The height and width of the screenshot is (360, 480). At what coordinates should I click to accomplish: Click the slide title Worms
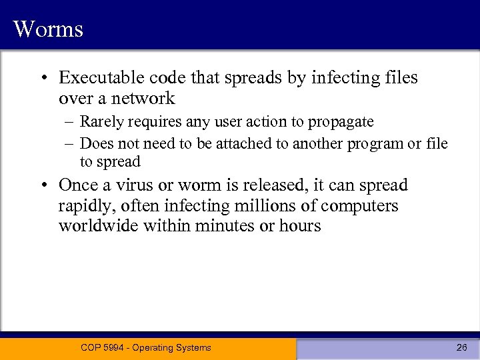tap(48, 29)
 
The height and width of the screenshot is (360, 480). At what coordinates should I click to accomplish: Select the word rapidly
tap(85, 206)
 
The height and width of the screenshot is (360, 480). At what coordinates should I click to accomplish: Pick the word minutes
tap(224, 226)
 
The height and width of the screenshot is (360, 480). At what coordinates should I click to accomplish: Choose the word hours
tap(299, 226)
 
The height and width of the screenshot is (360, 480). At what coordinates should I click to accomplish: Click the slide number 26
tap(461, 347)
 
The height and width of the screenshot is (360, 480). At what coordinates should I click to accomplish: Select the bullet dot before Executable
tap(42, 79)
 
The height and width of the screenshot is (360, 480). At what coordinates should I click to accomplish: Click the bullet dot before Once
tap(42, 186)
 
